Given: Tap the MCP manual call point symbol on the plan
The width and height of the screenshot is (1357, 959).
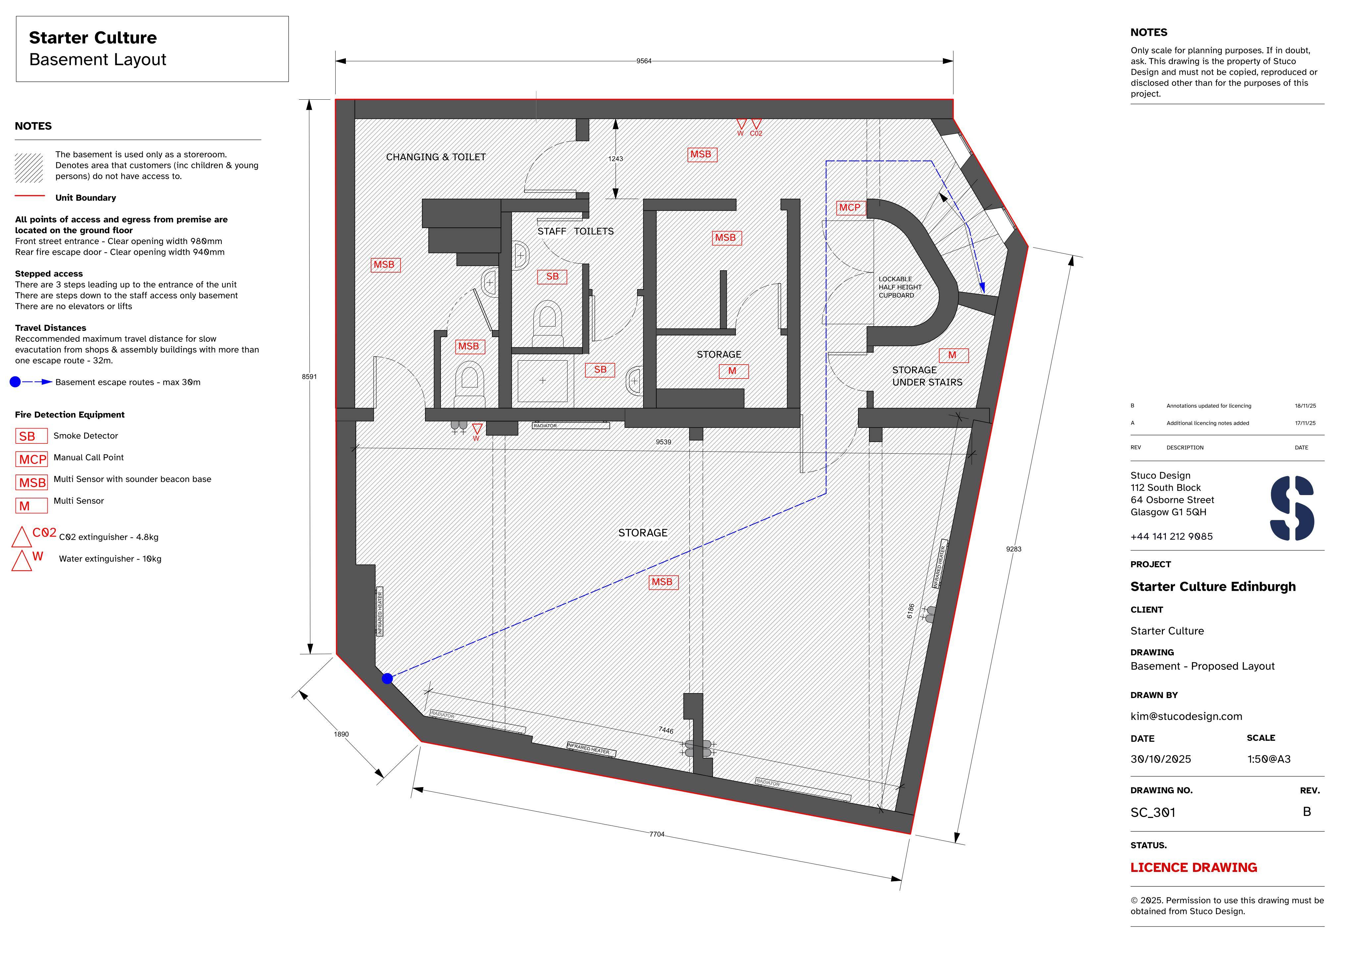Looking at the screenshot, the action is pyautogui.click(x=850, y=208).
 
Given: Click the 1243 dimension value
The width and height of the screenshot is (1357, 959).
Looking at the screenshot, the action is pyautogui.click(x=615, y=158).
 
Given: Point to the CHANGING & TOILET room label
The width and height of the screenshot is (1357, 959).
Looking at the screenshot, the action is pyautogui.click(x=436, y=157).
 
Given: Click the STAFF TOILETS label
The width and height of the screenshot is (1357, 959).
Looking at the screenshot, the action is pyautogui.click(x=575, y=231).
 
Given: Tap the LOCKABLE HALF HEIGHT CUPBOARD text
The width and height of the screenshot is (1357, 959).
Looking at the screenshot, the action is pyautogui.click(x=899, y=287).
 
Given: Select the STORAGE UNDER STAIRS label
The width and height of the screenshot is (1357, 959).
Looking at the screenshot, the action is pyautogui.click(x=927, y=376).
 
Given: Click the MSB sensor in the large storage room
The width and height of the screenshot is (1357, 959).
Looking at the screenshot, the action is pyautogui.click(x=662, y=582).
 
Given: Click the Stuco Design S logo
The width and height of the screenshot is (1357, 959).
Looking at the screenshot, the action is pyautogui.click(x=1292, y=508).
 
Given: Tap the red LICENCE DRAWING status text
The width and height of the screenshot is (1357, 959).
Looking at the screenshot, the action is pyautogui.click(x=1193, y=867).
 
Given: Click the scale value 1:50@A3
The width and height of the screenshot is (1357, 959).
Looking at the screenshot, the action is pyautogui.click(x=1269, y=759).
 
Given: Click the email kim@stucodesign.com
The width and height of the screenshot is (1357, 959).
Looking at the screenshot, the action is pyautogui.click(x=1186, y=716).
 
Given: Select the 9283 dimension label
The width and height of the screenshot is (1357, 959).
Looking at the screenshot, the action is pyautogui.click(x=1014, y=549).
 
